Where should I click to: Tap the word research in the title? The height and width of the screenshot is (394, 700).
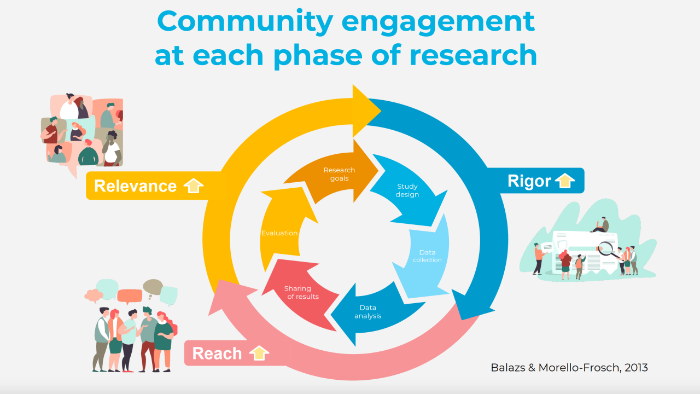(472, 55)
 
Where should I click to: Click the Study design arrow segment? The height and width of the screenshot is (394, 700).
(407, 191)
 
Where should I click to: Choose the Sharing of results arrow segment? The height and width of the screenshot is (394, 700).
(297, 292)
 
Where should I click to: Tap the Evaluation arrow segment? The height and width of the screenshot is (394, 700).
(279, 233)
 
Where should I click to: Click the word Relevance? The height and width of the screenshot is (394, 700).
(135, 186)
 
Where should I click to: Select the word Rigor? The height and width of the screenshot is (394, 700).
(529, 181)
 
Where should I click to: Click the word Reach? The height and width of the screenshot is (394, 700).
(217, 354)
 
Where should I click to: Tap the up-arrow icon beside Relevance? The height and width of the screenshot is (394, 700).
(193, 186)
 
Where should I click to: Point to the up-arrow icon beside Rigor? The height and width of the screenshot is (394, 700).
(565, 181)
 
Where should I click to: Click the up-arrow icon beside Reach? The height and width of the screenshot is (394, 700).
(259, 353)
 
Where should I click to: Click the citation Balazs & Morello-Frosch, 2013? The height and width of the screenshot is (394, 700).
(569, 367)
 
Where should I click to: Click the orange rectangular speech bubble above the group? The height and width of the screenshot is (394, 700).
(130, 296)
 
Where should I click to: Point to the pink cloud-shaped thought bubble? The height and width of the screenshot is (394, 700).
(94, 296)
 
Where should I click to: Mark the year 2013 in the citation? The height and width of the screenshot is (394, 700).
(634, 367)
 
